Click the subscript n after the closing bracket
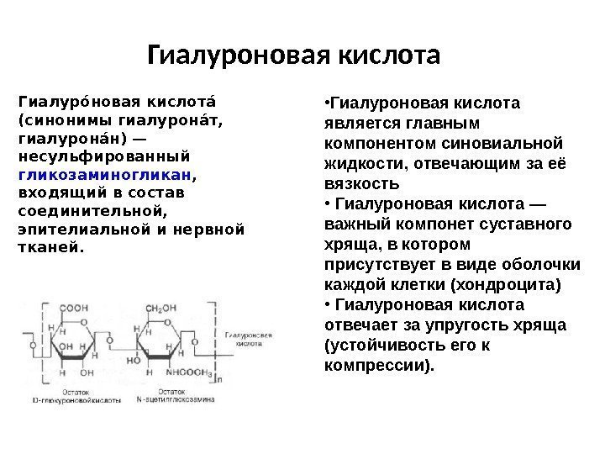pyautogui.click(x=220, y=379)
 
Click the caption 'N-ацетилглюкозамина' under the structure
pyautogui.click(x=164, y=393)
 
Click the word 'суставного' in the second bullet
pyautogui.click(x=534, y=224)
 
